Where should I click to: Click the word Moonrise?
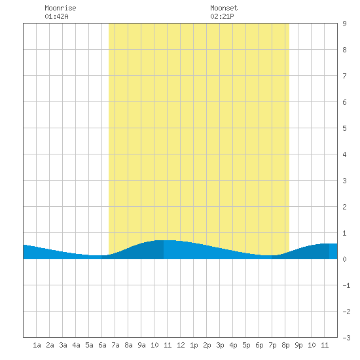pyautogui.click(x=60, y=8)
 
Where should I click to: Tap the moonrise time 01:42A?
pyautogui.click(x=56, y=16)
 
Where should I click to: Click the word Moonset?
pyautogui.click(x=224, y=8)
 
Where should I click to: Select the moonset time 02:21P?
pyautogui.click(x=222, y=16)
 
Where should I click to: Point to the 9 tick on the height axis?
pyautogui.click(x=344, y=24)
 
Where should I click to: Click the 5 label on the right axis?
pyautogui.click(x=344, y=128)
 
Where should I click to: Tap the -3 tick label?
pyautogui.click(x=346, y=338)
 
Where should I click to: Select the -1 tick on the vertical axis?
pyautogui.click(x=346, y=285)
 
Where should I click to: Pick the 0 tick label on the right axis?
pyautogui.click(x=344, y=259)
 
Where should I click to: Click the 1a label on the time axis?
pyautogui.click(x=37, y=345)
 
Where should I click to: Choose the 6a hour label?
pyautogui.click(x=102, y=345)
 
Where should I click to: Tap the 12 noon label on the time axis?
pyautogui.click(x=181, y=345)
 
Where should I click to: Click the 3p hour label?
pyautogui.click(x=220, y=345)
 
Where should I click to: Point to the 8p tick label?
pyautogui.click(x=285, y=345)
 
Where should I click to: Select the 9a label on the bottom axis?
pyautogui.click(x=141, y=345)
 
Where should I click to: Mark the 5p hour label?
pyautogui.click(x=246, y=345)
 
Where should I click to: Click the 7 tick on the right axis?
pyautogui.click(x=344, y=76)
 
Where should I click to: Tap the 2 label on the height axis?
pyautogui.click(x=344, y=207)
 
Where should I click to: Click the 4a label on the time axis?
pyautogui.click(x=76, y=345)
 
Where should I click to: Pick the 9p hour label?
pyautogui.click(x=298, y=345)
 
